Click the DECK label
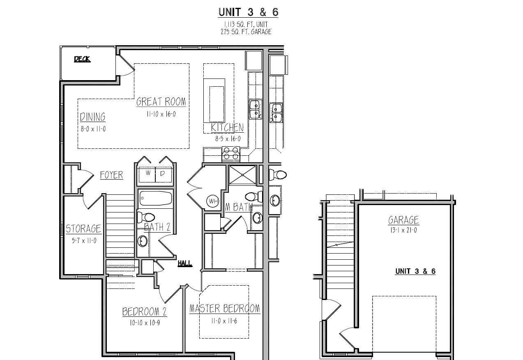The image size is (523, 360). point(82,59)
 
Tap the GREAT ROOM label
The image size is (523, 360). point(161,102)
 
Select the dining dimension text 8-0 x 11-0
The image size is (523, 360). point(93,129)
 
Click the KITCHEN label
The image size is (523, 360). point(227,127)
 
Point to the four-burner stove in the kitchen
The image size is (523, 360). point(230,154)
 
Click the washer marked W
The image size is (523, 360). point(147,175)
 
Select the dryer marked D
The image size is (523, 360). point(164,175)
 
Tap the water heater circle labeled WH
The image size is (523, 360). point(213,201)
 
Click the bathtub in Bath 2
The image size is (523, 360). point(156,198)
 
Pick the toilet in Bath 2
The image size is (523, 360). point(146,217)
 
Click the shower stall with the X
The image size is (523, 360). point(242,175)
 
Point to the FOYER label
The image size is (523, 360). point(111,175)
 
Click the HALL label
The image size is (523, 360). point(185,263)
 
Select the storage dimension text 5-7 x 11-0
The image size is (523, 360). point(84,241)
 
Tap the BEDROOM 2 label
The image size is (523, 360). point(145,312)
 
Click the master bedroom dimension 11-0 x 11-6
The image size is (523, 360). point(224,321)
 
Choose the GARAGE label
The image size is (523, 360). point(403,220)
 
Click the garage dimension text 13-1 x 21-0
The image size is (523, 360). point(403,231)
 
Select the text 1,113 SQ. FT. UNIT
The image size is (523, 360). point(246,24)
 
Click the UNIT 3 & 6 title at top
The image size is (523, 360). point(248,12)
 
